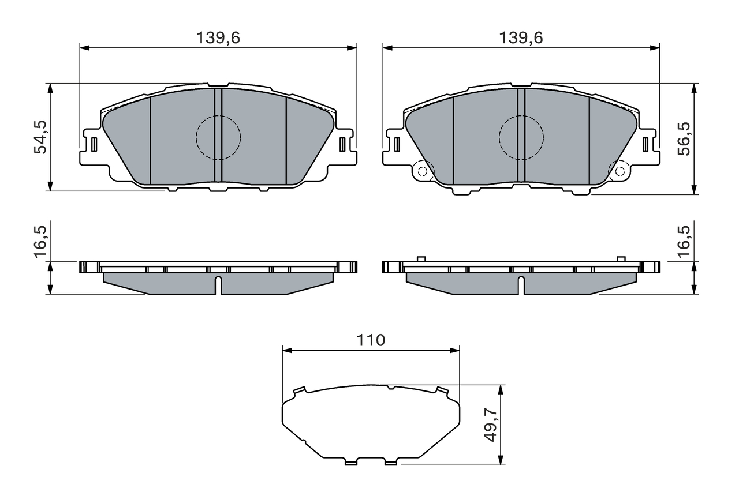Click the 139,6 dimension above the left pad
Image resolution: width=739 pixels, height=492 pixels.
218,38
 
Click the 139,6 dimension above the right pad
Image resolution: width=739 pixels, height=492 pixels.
521,38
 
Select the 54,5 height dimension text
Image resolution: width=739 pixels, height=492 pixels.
41,137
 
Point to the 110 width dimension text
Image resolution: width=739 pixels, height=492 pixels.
371,340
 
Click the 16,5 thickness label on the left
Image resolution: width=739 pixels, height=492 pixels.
41,242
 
